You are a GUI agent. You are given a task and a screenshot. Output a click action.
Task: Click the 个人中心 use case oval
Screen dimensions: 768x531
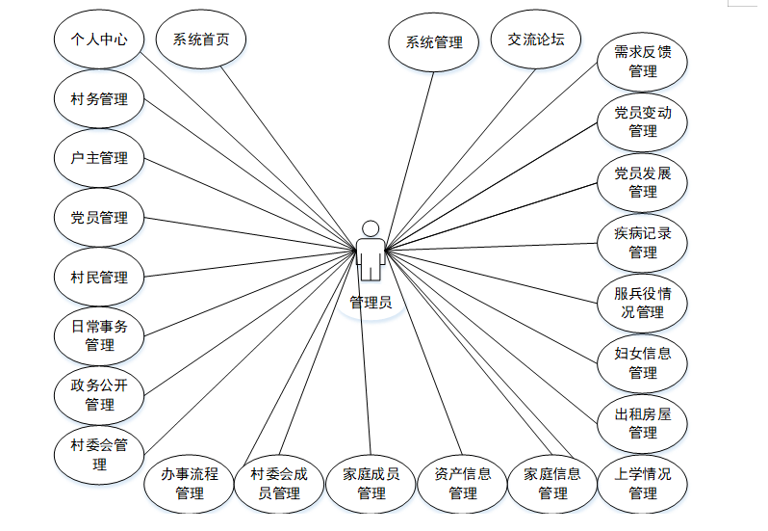tap(99, 40)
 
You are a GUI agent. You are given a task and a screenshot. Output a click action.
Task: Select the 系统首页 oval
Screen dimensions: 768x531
tap(201, 40)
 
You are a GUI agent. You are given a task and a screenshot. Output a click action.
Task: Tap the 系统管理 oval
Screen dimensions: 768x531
tap(434, 42)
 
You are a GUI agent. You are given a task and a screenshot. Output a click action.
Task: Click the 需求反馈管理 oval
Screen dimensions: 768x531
tap(643, 62)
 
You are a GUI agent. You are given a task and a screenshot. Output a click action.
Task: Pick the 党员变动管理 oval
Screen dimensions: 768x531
tap(643, 121)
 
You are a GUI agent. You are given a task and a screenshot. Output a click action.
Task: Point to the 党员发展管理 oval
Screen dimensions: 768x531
tap(643, 182)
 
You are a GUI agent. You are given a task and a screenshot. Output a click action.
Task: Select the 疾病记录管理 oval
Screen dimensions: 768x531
tap(643, 242)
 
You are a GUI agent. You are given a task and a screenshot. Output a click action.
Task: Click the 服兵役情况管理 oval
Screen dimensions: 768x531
tap(643, 303)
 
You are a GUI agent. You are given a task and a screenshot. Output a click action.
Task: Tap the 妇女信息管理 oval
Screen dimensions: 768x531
tap(643, 362)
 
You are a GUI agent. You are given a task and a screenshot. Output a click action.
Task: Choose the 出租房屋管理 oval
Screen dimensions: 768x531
tap(643, 423)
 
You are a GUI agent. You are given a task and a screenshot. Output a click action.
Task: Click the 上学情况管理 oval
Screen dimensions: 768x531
tap(643, 483)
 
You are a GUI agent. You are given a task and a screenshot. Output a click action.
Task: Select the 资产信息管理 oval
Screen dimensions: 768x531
tap(463, 483)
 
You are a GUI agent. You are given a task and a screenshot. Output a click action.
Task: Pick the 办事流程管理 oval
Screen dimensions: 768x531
tap(190, 483)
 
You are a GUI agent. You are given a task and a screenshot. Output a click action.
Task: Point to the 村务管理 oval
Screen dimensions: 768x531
tap(99, 99)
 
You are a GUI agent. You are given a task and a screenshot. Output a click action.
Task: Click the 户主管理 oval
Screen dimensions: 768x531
tap(99, 158)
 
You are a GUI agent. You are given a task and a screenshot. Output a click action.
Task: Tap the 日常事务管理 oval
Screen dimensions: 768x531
tap(99, 335)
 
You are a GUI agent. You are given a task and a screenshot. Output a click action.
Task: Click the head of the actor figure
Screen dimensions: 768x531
tap(371, 229)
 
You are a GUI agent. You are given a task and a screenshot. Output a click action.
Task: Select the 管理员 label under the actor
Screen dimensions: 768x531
tap(371, 302)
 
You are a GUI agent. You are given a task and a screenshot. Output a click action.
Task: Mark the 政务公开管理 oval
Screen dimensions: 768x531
tap(99, 395)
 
